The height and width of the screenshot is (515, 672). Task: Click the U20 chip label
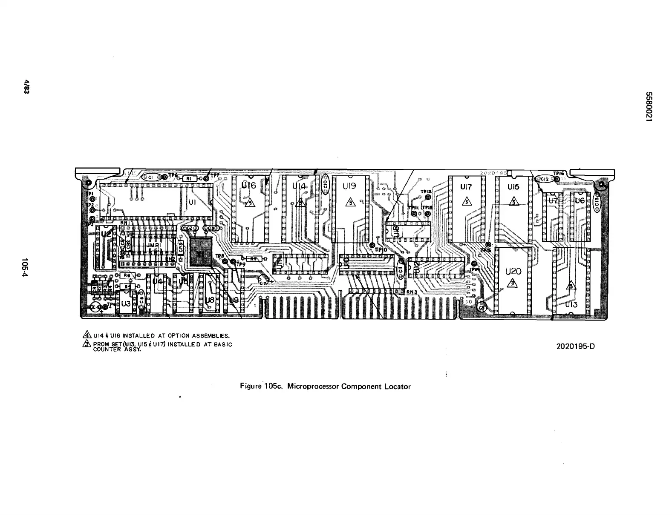pyautogui.click(x=513, y=272)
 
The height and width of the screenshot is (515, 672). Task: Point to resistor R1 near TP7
pyautogui.click(x=189, y=179)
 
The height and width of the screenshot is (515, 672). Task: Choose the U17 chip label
pyautogui.click(x=466, y=187)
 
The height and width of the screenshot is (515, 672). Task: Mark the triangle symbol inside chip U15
pyautogui.click(x=514, y=201)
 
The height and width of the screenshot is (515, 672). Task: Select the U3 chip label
pyautogui.click(x=126, y=304)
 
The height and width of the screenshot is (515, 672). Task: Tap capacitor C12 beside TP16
pyautogui.click(x=545, y=179)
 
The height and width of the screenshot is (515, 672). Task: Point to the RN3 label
pyautogui.click(x=411, y=292)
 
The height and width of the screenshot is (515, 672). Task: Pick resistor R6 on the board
pyautogui.click(x=127, y=276)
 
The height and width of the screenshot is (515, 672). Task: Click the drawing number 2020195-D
pyautogui.click(x=575, y=346)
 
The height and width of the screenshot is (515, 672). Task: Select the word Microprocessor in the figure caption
pyautogui.click(x=312, y=386)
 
